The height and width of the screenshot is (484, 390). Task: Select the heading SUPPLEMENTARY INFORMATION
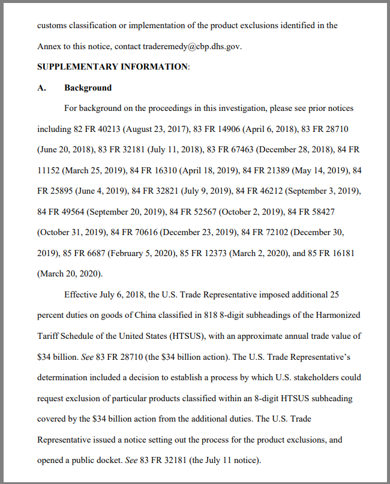pyautogui.click(x=112, y=67)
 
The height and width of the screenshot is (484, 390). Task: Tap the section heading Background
pyautogui.click(x=88, y=88)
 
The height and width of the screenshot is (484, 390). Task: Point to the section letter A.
pyautogui.click(x=41, y=88)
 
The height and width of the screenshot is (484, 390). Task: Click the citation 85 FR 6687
pyautogui.click(x=81, y=253)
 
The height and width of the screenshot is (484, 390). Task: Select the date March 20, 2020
pyautogui.click(x=70, y=273)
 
